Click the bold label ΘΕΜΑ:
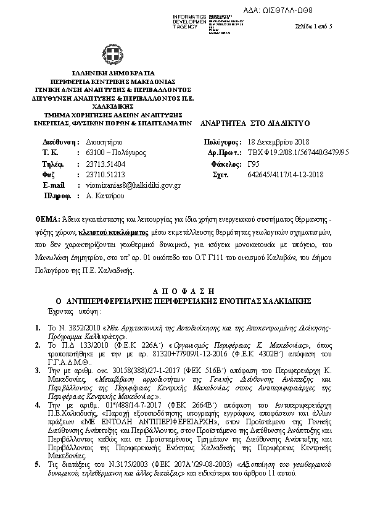point(47,220)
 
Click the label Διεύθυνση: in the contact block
point(53,142)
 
